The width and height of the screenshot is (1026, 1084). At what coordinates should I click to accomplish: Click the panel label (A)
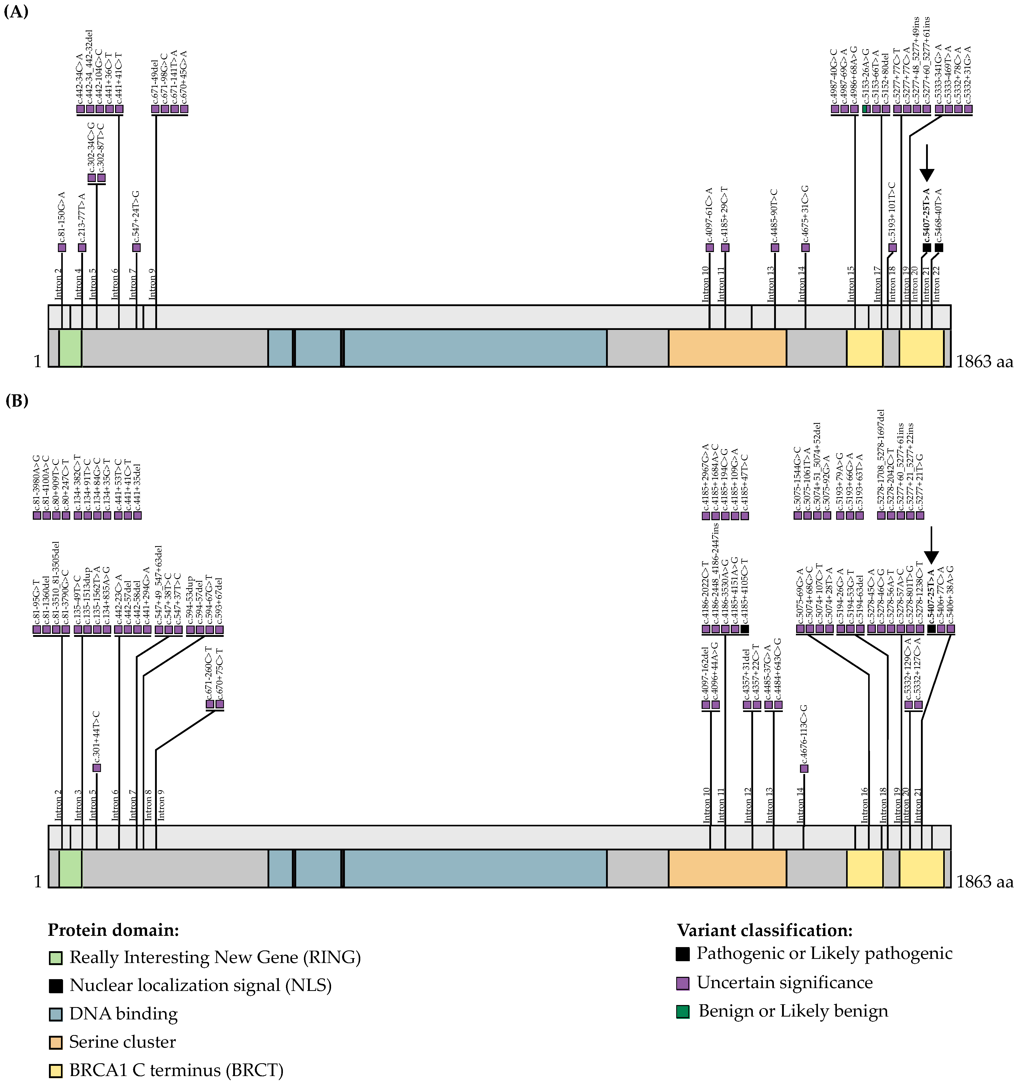(16, 12)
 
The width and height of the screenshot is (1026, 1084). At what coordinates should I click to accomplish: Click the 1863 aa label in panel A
(984, 362)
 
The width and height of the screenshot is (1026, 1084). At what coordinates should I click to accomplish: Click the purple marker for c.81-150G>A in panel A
(62, 247)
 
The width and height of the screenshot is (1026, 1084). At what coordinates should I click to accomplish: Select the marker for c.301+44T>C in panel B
(97, 768)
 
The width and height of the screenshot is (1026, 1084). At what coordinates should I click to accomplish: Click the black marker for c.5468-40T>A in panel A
(939, 247)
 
